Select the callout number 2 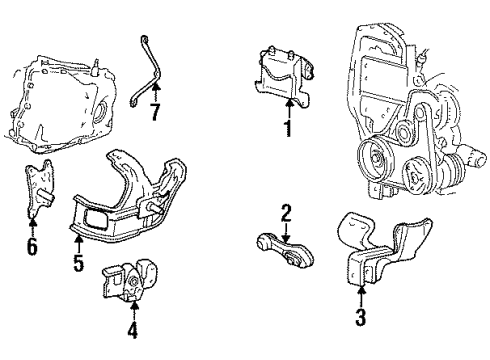pos(286,213)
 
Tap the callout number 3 pos(361,317)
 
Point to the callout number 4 pos(132,330)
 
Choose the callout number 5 pos(79,262)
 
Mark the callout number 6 pos(32,247)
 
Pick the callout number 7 pos(155,112)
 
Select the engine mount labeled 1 pos(283,77)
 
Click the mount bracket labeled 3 pos(383,248)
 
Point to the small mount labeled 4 pos(130,278)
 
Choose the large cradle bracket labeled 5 pos(127,197)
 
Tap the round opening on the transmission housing pos(99,112)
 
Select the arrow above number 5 pos(79,243)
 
